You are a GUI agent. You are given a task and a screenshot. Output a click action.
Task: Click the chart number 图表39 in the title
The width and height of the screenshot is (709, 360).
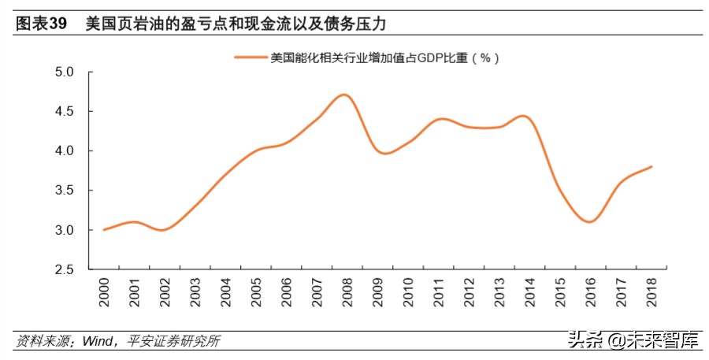point(40,24)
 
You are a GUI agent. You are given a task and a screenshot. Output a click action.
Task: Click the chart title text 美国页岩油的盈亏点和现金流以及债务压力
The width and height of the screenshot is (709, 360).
point(236,24)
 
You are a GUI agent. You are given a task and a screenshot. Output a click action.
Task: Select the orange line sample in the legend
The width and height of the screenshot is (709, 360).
point(251,58)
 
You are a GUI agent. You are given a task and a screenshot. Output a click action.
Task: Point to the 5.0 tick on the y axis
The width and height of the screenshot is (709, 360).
point(64,72)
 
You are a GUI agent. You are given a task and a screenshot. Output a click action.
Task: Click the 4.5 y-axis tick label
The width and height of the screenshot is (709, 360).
point(64,111)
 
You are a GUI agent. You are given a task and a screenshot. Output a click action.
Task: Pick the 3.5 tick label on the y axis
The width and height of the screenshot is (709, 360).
point(64,191)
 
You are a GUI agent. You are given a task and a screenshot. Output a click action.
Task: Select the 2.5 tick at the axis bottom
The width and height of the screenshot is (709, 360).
point(64,270)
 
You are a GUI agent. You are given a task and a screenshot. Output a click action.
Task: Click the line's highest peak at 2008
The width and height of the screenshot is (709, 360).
point(343,95)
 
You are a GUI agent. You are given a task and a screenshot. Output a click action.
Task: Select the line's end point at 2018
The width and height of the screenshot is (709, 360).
point(651,166)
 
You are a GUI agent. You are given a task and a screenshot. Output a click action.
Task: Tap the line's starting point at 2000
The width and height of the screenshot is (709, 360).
point(104,229)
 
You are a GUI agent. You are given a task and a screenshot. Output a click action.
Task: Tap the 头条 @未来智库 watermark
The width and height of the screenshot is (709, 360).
point(630,340)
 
